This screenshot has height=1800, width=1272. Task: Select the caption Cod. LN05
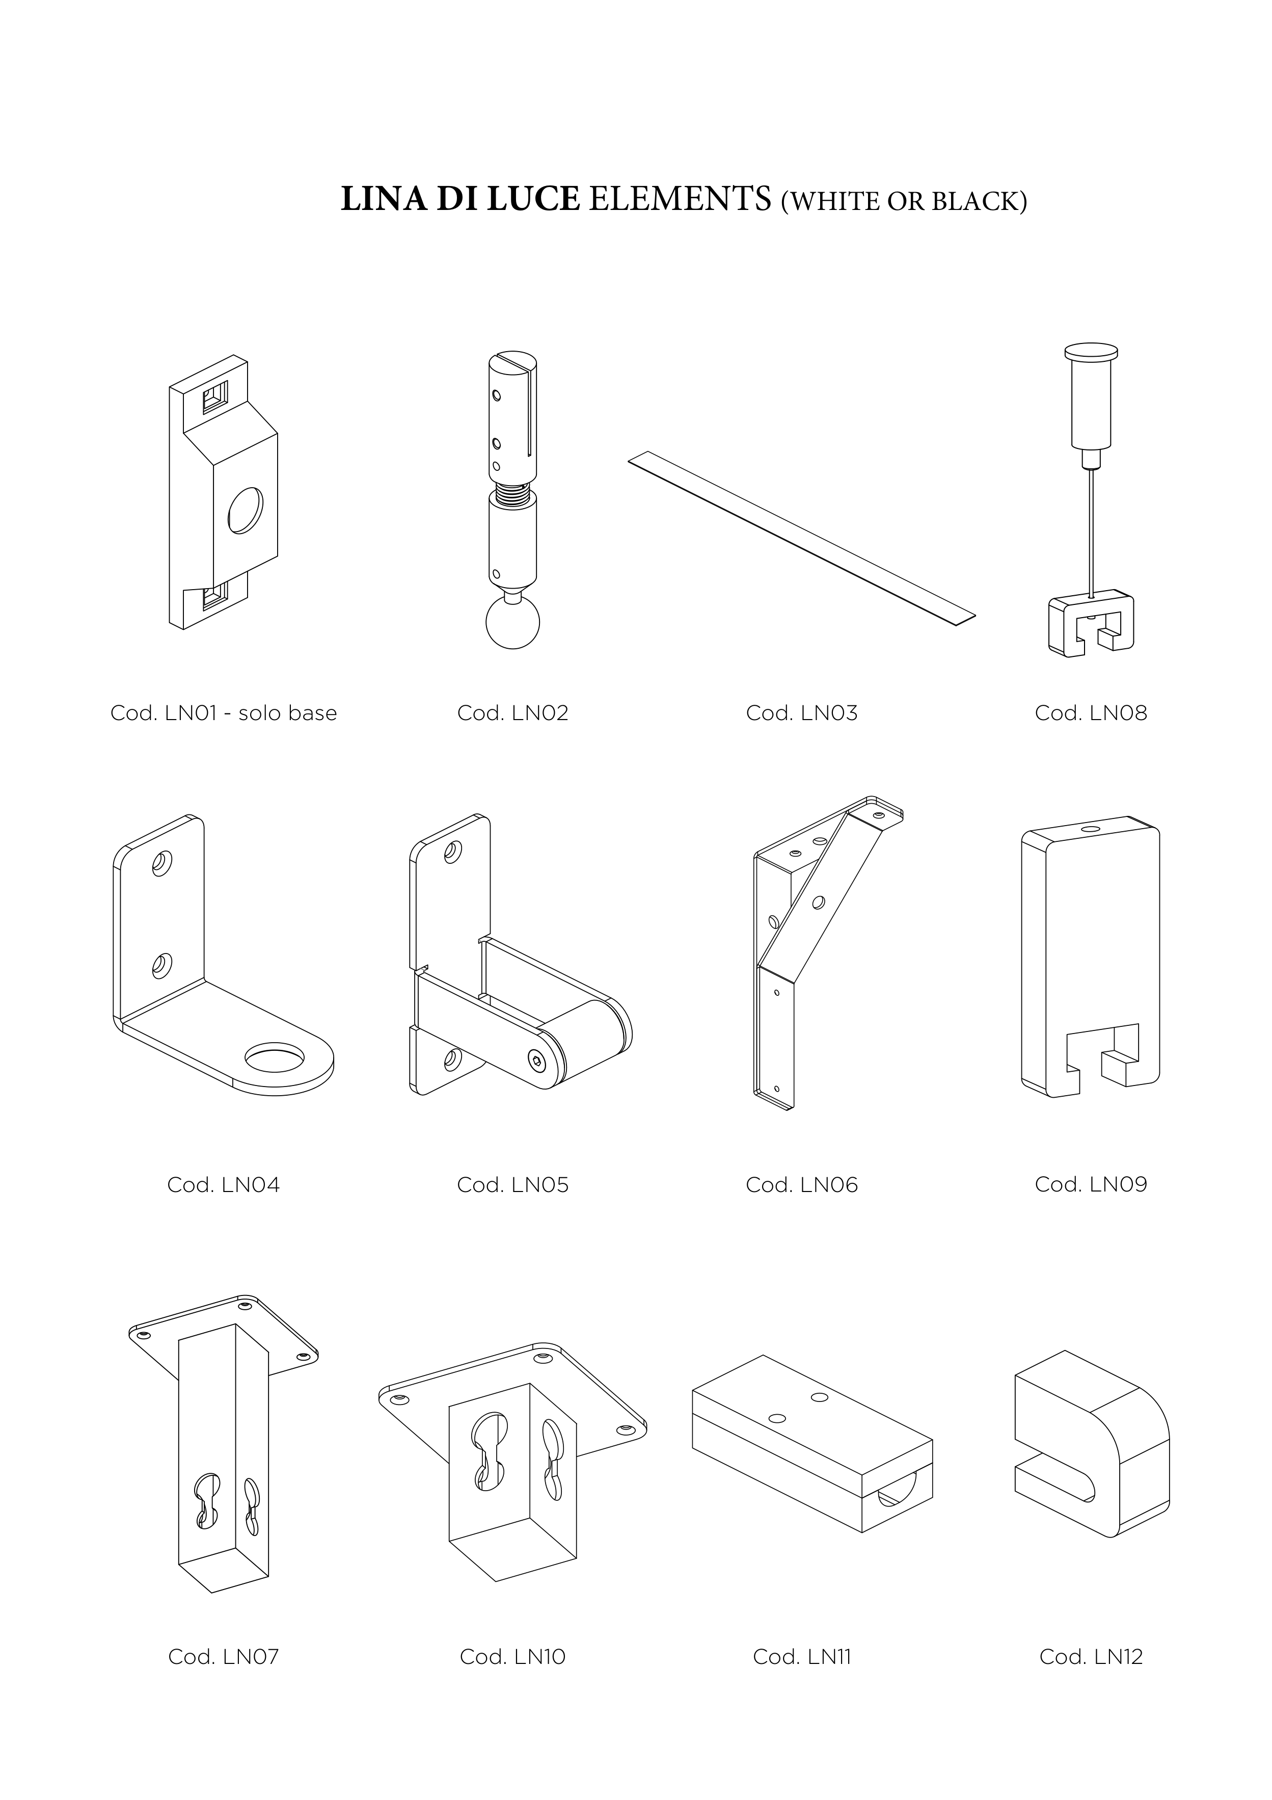tap(512, 1184)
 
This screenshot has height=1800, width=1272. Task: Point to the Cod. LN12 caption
tap(1091, 1656)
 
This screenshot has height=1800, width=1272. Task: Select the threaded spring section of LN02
tap(513, 495)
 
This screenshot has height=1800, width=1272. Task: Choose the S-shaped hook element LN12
tap(1092, 1444)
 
